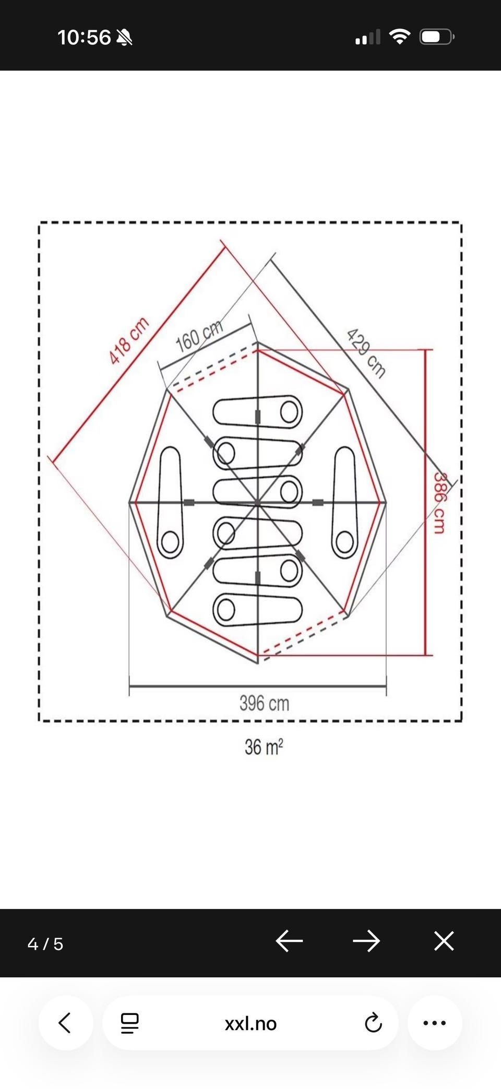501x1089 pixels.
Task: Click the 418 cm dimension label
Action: pos(129,340)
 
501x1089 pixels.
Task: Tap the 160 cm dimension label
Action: pos(199,336)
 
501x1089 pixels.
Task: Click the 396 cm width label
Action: pos(264,703)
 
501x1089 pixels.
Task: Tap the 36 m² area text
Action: pos(264,747)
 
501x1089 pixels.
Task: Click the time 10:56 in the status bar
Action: pos(84,38)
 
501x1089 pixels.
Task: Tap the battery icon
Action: pos(437,37)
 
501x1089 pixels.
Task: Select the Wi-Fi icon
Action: pos(400,37)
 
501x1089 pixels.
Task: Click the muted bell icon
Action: pos(124,38)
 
